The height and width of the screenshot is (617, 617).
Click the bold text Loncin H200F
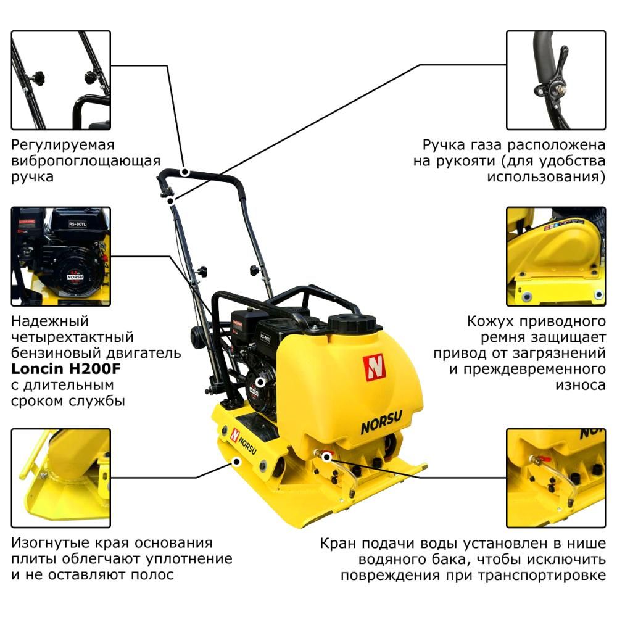(66, 369)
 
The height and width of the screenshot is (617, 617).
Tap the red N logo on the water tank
(374, 368)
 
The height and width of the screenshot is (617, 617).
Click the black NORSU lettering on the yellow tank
(381, 422)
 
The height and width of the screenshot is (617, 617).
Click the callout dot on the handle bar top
(184, 172)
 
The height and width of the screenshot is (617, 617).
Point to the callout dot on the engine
(260, 382)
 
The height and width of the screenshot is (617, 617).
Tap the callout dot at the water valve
(326, 457)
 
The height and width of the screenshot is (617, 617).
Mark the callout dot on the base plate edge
(236, 461)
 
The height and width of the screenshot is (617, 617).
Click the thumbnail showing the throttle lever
(556, 80)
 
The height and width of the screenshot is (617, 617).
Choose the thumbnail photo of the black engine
(61, 257)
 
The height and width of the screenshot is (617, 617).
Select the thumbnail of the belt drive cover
(556, 257)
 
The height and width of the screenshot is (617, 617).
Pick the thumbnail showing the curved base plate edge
(61, 478)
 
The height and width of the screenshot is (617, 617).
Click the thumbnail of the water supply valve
(556, 478)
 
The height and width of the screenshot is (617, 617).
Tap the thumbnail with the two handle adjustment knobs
(61, 80)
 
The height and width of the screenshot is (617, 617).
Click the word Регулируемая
(62, 145)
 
